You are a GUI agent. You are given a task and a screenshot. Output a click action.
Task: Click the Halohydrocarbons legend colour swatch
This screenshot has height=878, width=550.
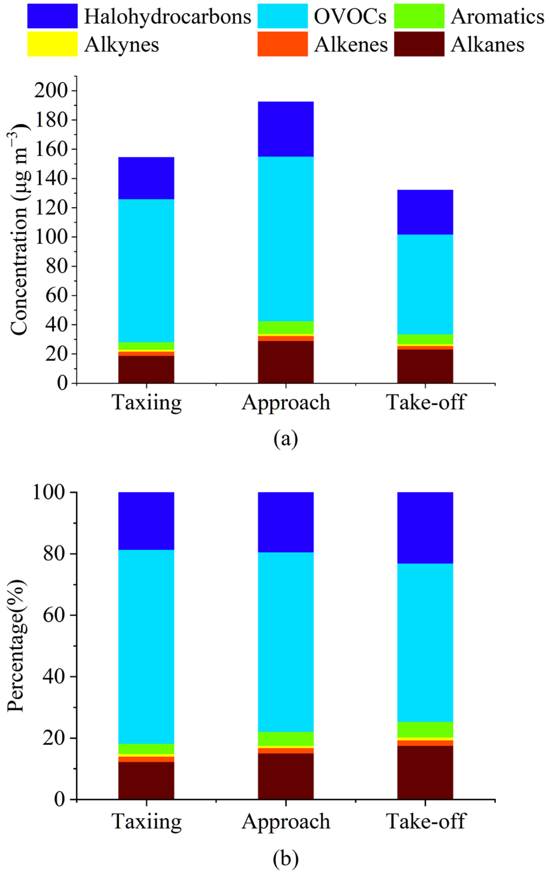[x=52, y=16]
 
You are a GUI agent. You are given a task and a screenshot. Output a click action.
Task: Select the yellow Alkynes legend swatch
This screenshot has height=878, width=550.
[x=52, y=44]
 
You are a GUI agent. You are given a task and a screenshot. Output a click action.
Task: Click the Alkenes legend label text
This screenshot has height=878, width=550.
[x=351, y=45]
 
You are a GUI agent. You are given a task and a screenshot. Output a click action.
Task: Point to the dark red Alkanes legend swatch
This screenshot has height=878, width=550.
[x=419, y=44]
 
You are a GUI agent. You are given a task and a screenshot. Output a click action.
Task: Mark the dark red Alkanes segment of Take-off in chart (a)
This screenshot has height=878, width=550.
[x=425, y=366]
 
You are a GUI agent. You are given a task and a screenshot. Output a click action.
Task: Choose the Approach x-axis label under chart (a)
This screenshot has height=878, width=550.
[x=286, y=402]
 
